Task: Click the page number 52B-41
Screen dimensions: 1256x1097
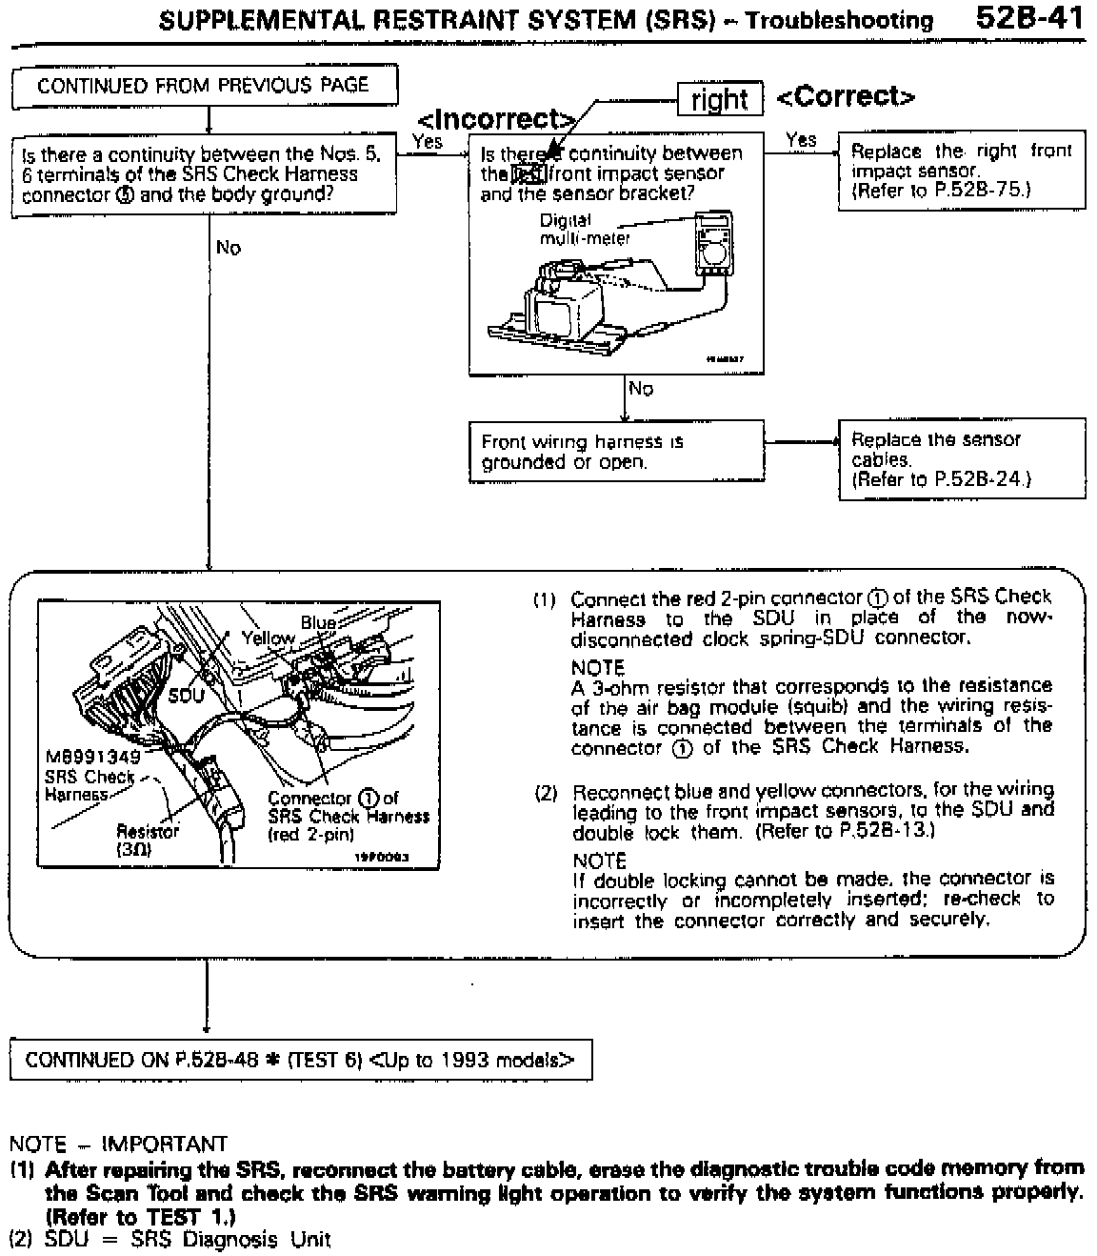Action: [1030, 19]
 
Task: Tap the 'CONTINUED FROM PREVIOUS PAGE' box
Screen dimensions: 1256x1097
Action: [203, 86]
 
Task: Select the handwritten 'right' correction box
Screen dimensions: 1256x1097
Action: [720, 99]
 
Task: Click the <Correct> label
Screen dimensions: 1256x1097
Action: [846, 96]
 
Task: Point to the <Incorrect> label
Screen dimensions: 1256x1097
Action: [496, 119]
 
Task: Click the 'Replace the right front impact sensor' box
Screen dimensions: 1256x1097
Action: [961, 170]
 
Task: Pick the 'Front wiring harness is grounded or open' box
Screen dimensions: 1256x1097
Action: [616, 452]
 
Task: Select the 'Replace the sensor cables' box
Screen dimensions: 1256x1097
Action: [961, 458]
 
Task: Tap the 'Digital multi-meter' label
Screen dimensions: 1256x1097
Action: [585, 229]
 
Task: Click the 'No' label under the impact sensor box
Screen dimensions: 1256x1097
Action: [641, 388]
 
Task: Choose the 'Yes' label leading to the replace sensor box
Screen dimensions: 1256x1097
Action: [801, 139]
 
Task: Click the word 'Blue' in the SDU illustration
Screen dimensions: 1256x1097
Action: [318, 622]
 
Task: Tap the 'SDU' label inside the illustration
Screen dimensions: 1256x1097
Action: [186, 695]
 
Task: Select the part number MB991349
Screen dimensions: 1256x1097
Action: [92, 757]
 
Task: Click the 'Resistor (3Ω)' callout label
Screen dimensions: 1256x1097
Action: [147, 839]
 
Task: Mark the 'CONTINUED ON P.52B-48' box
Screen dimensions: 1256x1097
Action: [300, 1060]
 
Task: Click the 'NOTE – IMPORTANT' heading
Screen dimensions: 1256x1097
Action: [118, 1144]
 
